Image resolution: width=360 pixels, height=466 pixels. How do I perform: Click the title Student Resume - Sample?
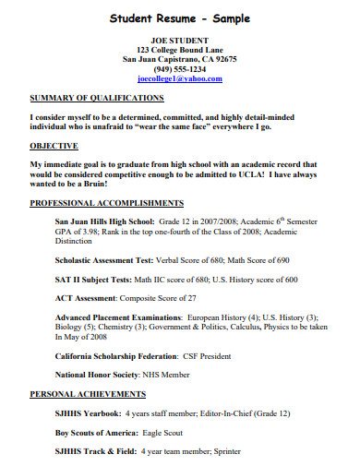[179, 18]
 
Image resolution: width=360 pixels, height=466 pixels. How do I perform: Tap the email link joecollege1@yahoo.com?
[180, 79]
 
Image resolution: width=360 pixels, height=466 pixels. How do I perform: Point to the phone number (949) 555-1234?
[180, 69]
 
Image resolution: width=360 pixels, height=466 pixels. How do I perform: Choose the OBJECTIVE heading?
[54, 146]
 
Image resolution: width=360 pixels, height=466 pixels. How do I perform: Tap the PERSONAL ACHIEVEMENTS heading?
[89, 393]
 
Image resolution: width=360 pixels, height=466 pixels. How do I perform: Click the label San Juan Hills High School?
[104, 222]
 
